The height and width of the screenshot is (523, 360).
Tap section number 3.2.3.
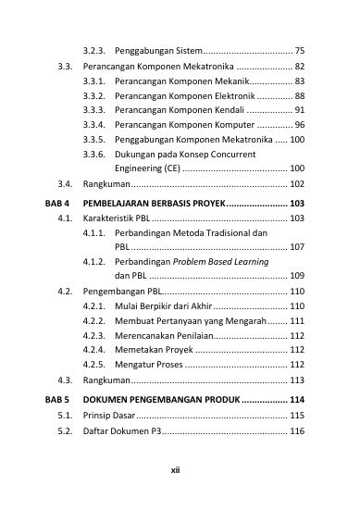pyautogui.click(x=95, y=48)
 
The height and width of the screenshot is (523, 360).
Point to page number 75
pyautogui.click(x=299, y=48)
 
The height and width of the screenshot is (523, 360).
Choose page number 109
pyautogui.click(x=296, y=276)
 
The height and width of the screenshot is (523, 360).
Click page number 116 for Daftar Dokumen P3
pyautogui.click(x=296, y=431)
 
